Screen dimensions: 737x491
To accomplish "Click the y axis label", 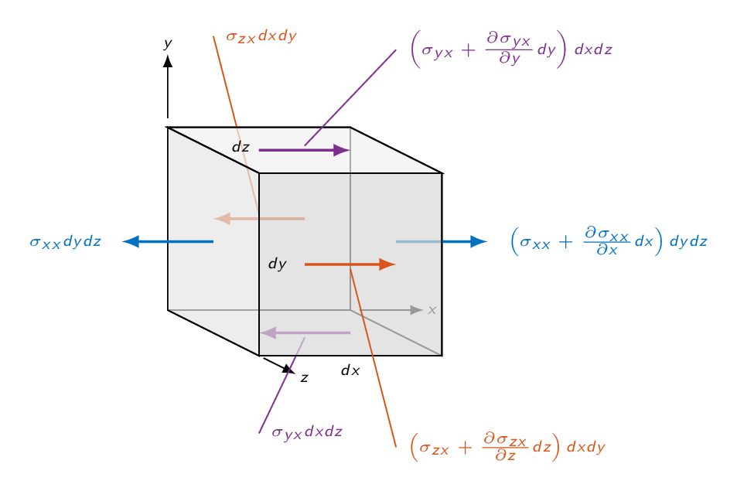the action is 168,44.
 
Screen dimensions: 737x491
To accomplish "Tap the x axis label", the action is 432,310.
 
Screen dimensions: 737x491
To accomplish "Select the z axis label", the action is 305,378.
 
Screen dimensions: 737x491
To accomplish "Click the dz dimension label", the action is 241,147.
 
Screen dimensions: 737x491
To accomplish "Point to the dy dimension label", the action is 278,264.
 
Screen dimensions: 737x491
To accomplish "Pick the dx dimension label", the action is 350,370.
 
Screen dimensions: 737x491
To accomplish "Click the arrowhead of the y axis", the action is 168,61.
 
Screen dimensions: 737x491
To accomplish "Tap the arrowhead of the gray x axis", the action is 416,310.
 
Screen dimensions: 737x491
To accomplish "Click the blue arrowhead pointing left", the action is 131,241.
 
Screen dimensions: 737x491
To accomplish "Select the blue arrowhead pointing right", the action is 479,241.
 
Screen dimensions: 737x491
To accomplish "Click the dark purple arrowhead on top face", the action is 342,150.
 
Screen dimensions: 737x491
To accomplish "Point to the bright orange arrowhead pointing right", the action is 387,264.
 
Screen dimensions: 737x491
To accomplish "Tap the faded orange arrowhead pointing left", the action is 222,219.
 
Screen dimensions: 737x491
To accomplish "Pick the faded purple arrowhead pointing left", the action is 268,332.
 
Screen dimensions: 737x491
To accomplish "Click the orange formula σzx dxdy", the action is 261,36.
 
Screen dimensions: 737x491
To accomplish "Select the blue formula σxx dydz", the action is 65,241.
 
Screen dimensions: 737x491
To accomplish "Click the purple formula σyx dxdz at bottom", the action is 307,432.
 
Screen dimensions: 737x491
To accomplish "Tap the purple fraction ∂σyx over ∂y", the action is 509,49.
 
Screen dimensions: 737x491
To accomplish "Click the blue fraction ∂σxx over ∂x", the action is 607,240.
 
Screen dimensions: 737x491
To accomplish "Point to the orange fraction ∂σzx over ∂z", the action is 505,447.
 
